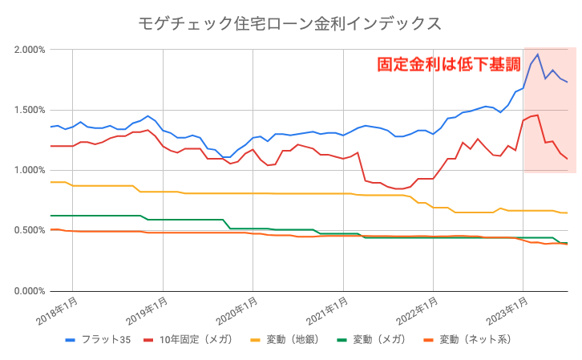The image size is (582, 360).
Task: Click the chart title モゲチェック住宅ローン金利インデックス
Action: pos(290,22)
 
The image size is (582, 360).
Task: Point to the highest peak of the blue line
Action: pos(537,55)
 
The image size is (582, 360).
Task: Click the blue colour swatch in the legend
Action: pos(70,340)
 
